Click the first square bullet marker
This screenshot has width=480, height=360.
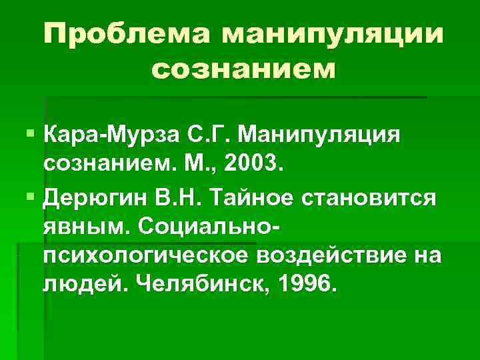(32, 137)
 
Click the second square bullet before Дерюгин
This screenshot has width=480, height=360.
(32, 198)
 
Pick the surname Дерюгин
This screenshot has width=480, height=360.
(95, 198)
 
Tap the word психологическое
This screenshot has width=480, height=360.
(143, 257)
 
